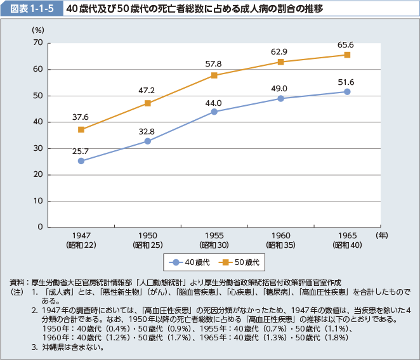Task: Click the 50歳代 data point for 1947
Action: coord(81,129)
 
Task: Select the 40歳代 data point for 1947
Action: coord(81,161)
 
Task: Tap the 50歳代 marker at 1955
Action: coord(214,75)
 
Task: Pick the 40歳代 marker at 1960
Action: coord(281,98)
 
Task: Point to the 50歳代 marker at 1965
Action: coord(347,55)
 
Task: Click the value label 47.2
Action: coord(147,91)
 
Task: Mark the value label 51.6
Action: coord(346,82)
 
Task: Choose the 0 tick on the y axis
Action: coord(40,227)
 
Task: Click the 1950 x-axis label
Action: coord(148,235)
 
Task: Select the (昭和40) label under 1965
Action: coord(347,245)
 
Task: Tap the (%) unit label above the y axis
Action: coord(37,30)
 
